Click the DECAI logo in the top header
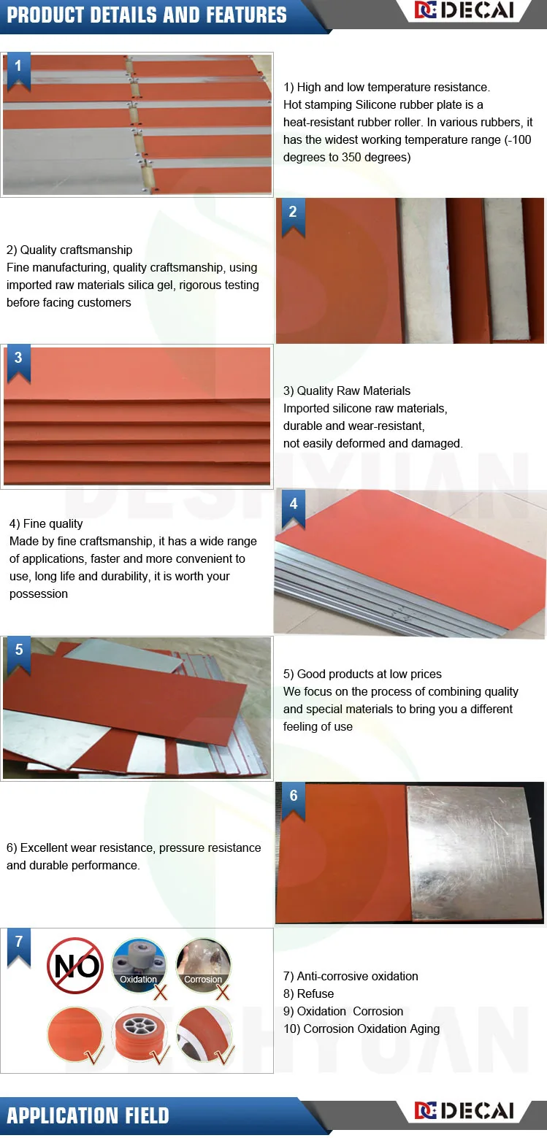464,10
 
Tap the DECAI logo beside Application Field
464,1110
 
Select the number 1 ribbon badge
18,72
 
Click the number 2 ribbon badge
293,218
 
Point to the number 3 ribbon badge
18,364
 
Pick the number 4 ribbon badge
294,510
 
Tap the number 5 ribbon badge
19,655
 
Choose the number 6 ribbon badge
294,801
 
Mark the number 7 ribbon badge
19,947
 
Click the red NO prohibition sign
75,965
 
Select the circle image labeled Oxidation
139,965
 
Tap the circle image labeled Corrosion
203,965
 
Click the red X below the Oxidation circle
161,992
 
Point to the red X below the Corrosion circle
223,992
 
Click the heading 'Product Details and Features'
147,15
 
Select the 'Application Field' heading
88,1115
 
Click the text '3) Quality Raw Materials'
347,391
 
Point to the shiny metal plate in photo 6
475,853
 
